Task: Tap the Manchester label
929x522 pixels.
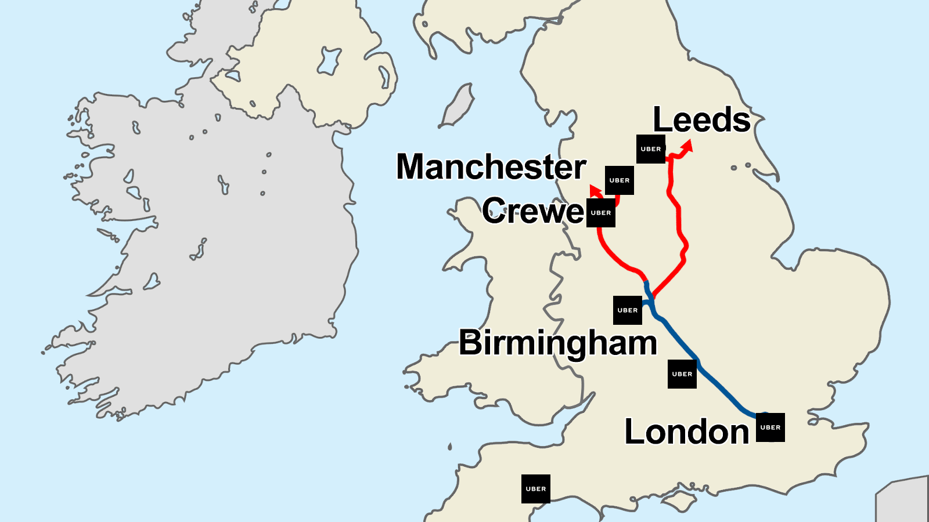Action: tap(491, 167)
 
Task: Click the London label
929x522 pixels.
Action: tap(686, 432)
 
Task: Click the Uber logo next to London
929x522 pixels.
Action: tap(770, 427)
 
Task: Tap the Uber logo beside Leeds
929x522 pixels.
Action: tap(651, 149)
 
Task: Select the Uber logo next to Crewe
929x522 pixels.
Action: tap(601, 213)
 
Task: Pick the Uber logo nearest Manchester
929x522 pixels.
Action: tap(620, 180)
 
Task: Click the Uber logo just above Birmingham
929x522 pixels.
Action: tap(628, 310)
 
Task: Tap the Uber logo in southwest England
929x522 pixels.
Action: tap(536, 489)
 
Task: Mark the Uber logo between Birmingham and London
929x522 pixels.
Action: tap(682, 374)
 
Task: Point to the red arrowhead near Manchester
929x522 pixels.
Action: tap(594, 190)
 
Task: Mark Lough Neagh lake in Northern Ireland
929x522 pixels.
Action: tap(329, 61)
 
